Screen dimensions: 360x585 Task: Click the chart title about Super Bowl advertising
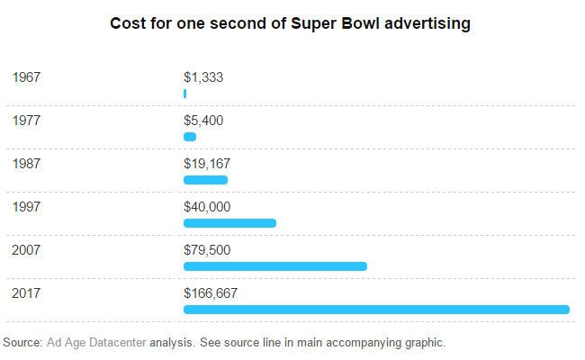(x=290, y=24)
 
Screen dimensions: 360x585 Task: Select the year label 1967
(x=27, y=77)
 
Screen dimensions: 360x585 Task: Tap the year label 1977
(x=27, y=121)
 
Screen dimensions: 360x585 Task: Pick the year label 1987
(x=27, y=164)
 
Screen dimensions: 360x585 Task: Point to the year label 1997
(x=27, y=207)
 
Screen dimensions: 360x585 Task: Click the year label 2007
(x=27, y=249)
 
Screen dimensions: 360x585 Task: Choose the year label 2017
(x=27, y=292)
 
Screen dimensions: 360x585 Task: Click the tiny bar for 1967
(x=184, y=94)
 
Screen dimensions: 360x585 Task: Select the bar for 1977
(x=190, y=137)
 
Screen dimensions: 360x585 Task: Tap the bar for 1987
(x=205, y=180)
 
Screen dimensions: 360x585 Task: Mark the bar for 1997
(x=229, y=223)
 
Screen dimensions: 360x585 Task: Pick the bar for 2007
(x=275, y=266)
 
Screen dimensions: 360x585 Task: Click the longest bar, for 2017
(x=376, y=310)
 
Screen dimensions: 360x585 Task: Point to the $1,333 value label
(x=203, y=77)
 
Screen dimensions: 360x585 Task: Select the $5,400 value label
(x=203, y=121)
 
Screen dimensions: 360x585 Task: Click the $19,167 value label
(x=207, y=164)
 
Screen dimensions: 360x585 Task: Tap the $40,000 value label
(x=207, y=207)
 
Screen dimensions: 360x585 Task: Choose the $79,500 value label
(x=207, y=249)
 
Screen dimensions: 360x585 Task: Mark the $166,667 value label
(x=211, y=292)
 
